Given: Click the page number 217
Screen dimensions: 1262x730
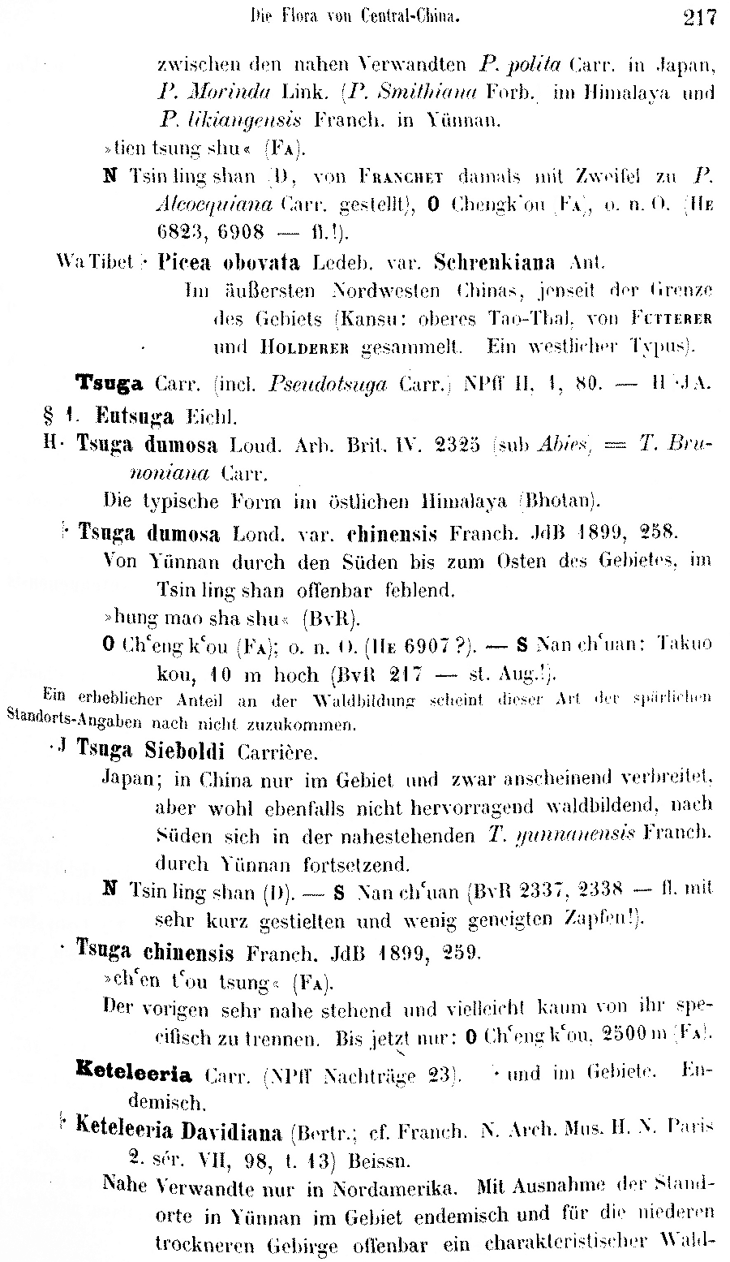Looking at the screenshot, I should coord(699,16).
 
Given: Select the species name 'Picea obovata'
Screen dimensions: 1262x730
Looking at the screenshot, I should coord(230,263).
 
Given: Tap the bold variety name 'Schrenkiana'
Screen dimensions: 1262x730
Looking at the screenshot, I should coord(495,263).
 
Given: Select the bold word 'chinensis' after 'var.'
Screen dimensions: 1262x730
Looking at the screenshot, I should coord(393,534).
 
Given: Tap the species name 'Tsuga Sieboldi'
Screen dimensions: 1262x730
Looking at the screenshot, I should coord(150,750).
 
